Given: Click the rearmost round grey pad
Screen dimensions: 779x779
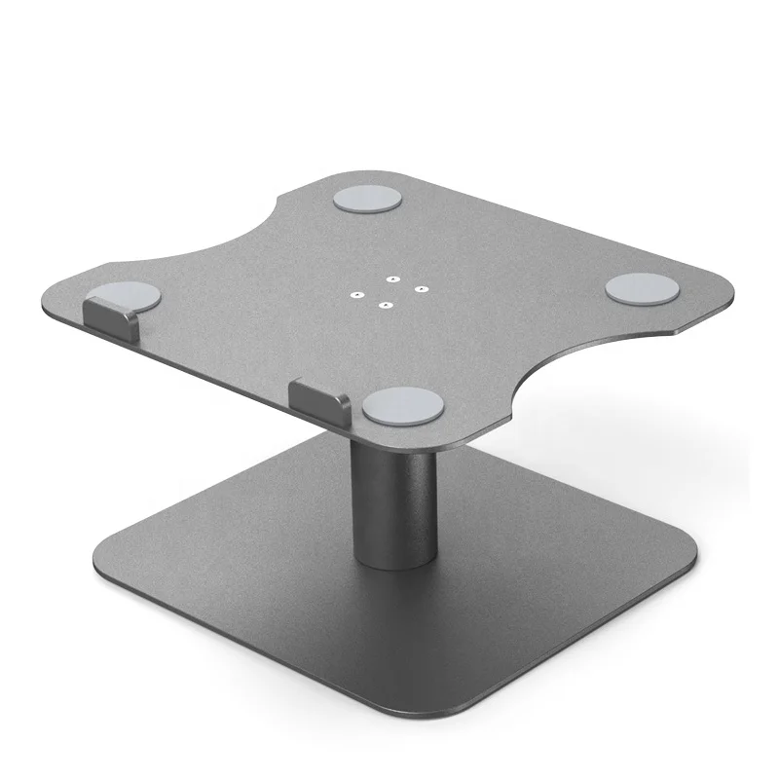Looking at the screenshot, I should [366, 201].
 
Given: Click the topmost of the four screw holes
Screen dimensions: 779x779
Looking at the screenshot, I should [389, 276].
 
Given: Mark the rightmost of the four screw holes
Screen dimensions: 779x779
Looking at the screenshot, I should [421, 288].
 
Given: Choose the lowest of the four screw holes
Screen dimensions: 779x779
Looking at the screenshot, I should [387, 305].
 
